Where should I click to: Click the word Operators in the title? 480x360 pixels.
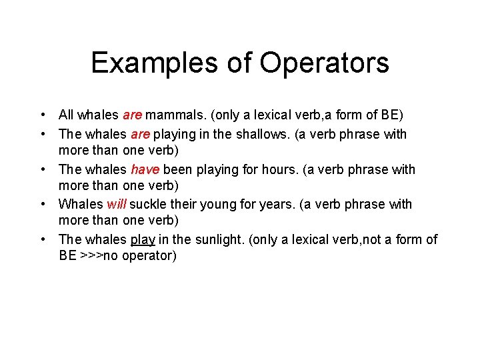[325, 63]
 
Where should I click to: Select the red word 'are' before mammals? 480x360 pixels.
[133, 115]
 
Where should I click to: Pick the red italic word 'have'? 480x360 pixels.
[145, 169]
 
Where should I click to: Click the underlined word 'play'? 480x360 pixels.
[143, 239]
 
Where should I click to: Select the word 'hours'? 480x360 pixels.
[281, 169]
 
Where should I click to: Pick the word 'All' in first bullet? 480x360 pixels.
[66, 115]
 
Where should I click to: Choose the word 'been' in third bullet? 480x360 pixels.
[176, 169]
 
